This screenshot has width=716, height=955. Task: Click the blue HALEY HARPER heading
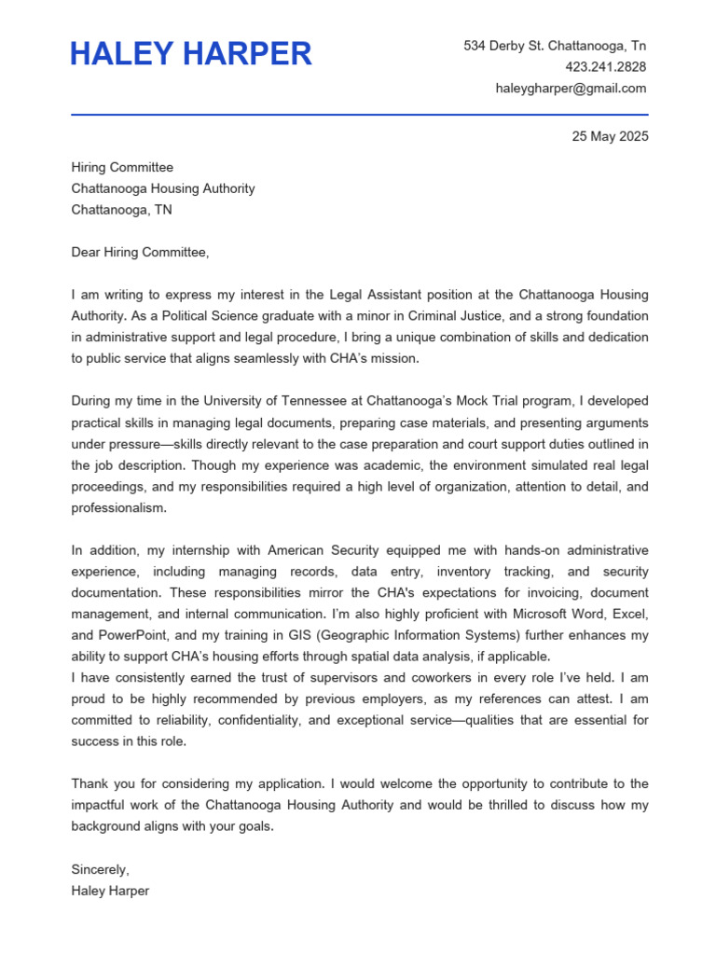(191, 54)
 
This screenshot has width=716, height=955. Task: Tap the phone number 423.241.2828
(605, 67)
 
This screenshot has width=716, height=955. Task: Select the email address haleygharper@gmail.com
(571, 89)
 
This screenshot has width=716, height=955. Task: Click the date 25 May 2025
(610, 136)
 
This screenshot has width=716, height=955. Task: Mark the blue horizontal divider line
(359, 115)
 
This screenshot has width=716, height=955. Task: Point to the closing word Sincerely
(100, 869)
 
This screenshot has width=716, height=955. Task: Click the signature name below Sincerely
(110, 891)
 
